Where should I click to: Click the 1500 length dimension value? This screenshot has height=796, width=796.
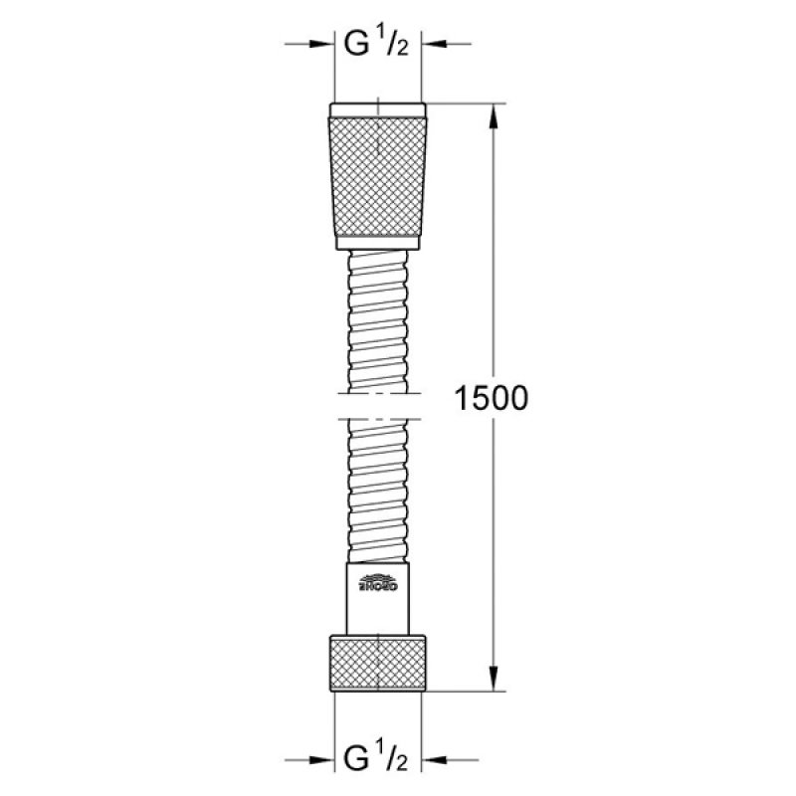pyautogui.click(x=490, y=399)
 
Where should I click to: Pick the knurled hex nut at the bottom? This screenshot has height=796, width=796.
pyautogui.click(x=378, y=658)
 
